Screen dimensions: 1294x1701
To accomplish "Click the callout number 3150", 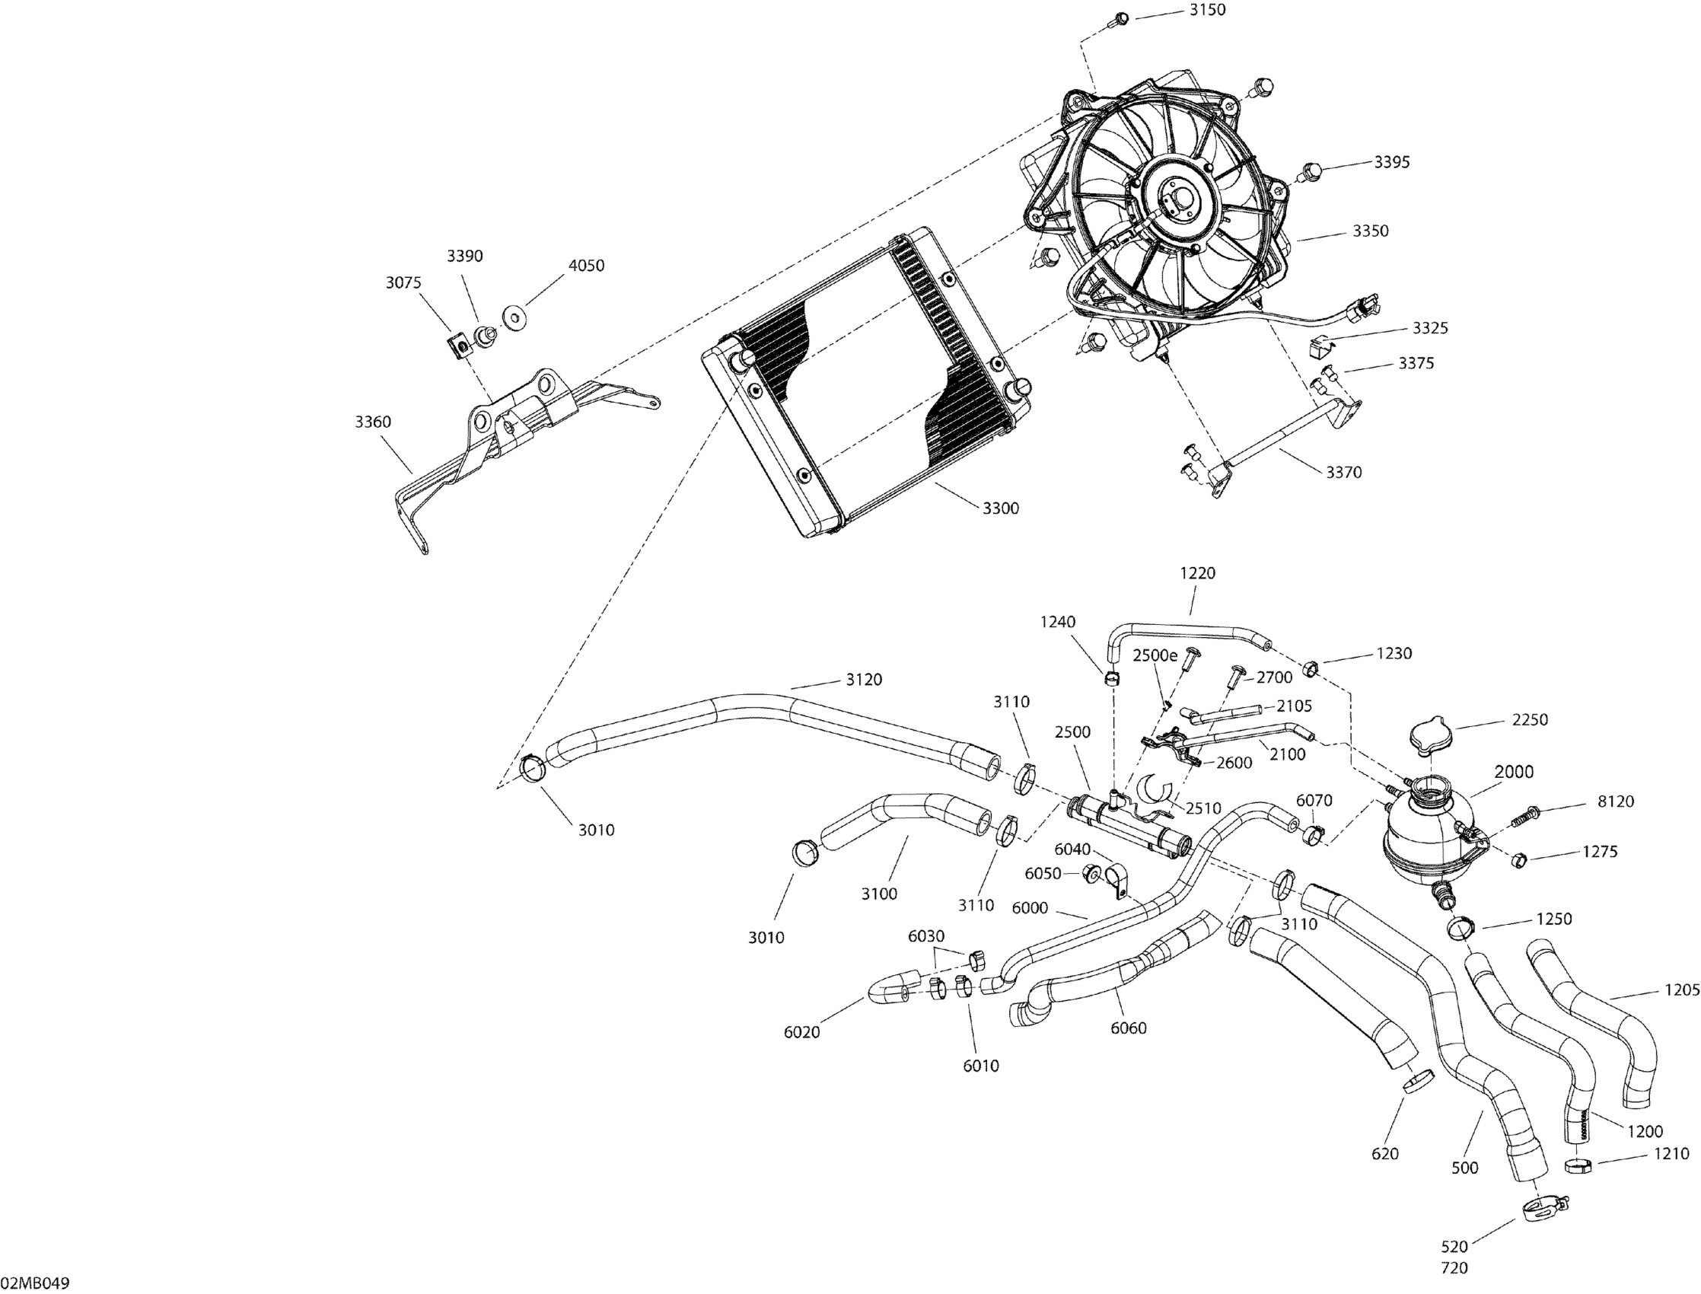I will (1207, 10).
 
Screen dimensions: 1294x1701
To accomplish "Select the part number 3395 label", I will (1392, 163).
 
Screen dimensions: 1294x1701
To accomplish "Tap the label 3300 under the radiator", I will (1000, 508).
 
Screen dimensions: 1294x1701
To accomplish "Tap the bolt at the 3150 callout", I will (1118, 19).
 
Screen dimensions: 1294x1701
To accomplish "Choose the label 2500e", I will (1155, 655).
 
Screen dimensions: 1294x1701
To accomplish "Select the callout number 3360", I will (373, 422).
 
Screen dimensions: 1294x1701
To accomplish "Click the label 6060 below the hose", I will (1129, 1028).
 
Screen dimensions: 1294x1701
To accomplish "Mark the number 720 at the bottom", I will (1454, 1268).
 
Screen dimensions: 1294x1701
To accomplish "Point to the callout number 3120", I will (864, 679).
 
